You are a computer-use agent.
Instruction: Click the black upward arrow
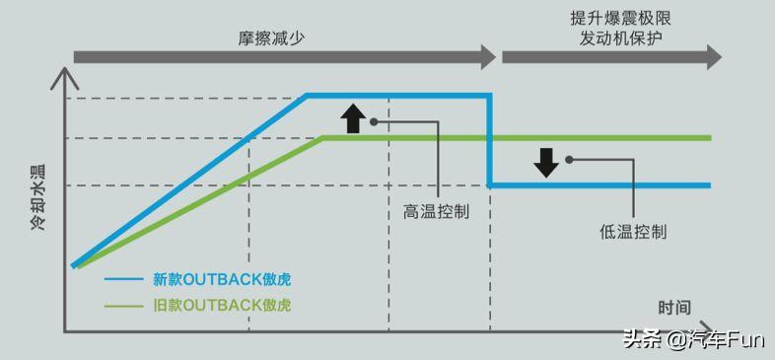[x=352, y=117]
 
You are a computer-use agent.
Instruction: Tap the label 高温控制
[x=436, y=211]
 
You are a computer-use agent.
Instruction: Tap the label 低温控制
[x=633, y=232]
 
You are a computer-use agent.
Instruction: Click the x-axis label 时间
[x=674, y=307]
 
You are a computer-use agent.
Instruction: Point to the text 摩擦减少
[x=269, y=37]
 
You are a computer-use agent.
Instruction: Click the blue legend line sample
[x=123, y=279]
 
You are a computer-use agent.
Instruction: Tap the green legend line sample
[x=123, y=305]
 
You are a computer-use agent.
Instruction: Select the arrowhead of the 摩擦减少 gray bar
[x=487, y=57]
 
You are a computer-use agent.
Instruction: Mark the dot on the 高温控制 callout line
[x=375, y=122]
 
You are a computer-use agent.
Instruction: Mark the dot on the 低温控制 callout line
[x=569, y=158]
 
